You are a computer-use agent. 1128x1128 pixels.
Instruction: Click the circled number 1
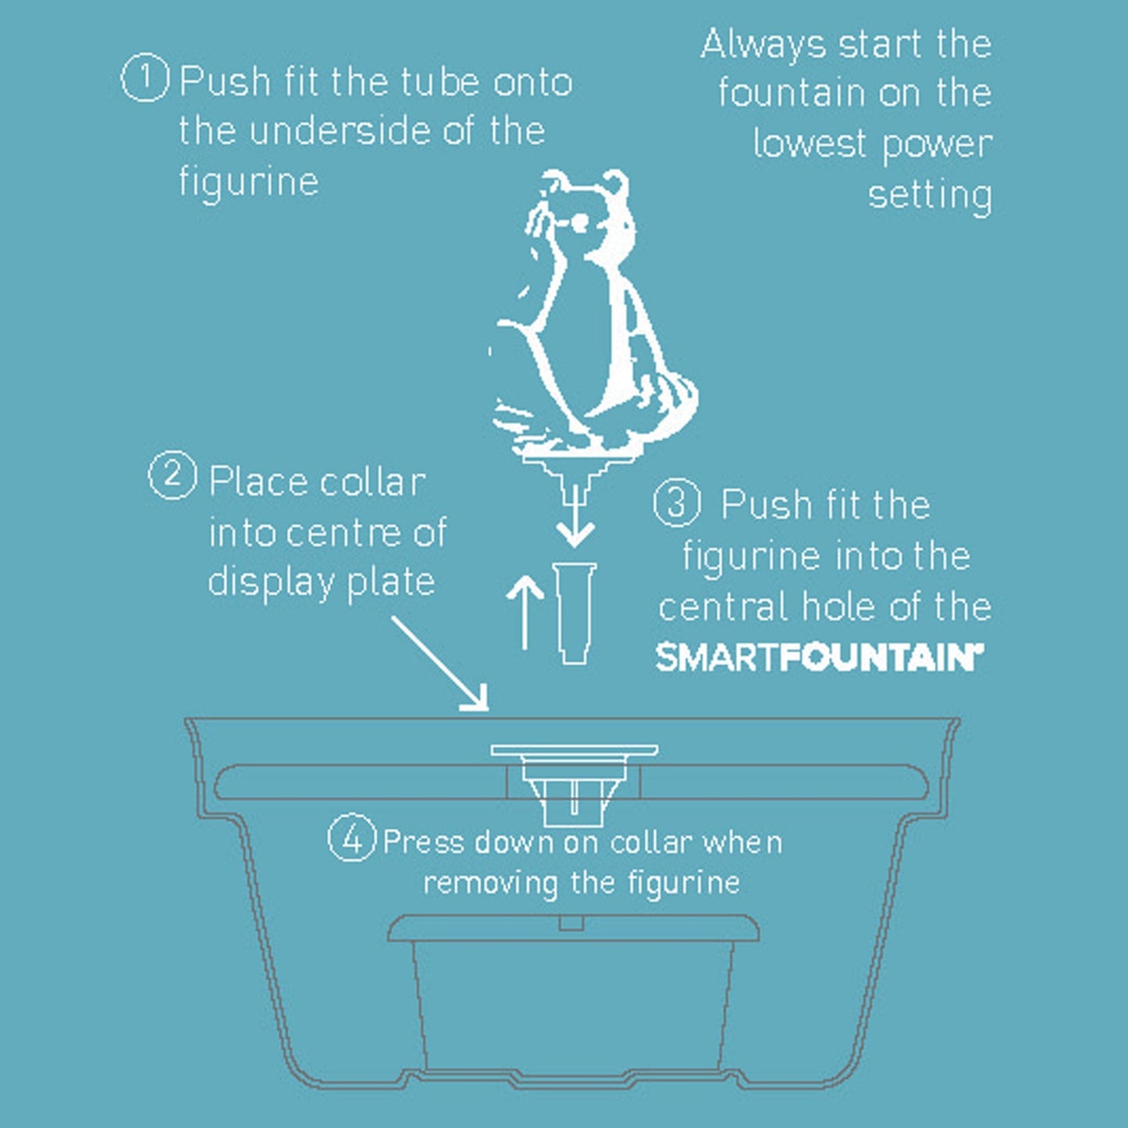click(145, 78)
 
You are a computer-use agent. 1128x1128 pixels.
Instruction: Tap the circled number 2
click(172, 475)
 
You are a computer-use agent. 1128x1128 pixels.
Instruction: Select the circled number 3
click(677, 502)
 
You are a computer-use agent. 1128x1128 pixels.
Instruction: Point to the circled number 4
click(352, 837)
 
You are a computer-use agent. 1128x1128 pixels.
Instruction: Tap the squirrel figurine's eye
click(581, 221)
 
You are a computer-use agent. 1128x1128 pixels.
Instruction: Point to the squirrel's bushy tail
click(667, 404)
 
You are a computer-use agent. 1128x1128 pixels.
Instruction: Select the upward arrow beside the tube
click(525, 612)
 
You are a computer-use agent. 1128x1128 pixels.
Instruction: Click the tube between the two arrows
click(575, 614)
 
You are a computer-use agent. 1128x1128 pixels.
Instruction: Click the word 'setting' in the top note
click(931, 195)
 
